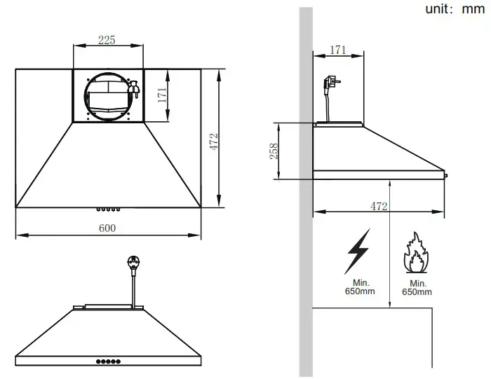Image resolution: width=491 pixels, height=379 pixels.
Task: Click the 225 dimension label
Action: pos(107,41)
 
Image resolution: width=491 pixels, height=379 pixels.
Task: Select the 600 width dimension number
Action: pos(107,228)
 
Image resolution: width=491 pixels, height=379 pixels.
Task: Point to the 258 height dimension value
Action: pos(274,151)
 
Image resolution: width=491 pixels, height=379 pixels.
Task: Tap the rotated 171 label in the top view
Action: pos(162,96)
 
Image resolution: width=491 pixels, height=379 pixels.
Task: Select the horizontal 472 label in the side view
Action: pos(379,206)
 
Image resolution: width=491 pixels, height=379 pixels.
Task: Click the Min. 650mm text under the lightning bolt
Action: pos(359,287)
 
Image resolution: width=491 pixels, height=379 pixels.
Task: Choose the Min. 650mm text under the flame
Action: pos(418,287)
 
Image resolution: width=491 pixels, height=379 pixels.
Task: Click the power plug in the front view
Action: pos(132,265)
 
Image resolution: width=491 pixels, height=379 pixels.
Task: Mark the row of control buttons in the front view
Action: pos(107,361)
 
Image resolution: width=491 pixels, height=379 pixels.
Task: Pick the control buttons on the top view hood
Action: pos(107,208)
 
